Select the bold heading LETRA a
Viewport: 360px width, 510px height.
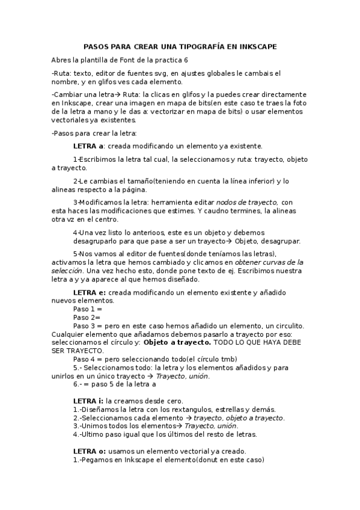[89, 146]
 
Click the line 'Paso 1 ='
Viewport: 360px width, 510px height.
[87, 308]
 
